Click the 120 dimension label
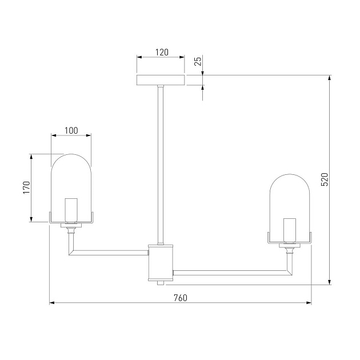(x=161, y=52)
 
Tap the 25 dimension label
(x=198, y=62)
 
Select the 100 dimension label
(x=71, y=130)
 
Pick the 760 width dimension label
(x=180, y=298)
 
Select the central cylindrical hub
(x=161, y=262)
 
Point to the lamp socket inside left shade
(x=71, y=210)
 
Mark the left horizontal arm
(x=109, y=251)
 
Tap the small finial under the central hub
(x=161, y=282)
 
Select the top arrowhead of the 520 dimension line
(x=329, y=78)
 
